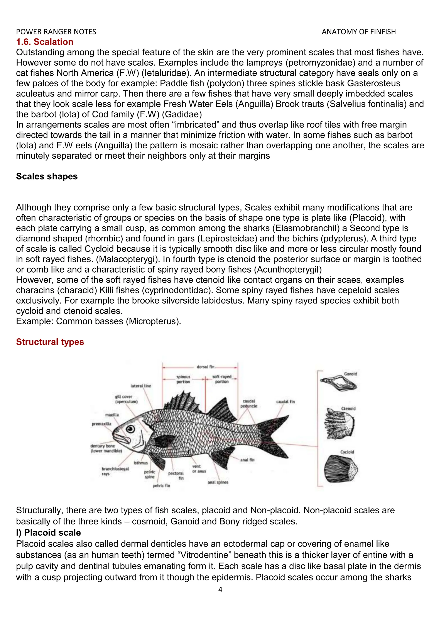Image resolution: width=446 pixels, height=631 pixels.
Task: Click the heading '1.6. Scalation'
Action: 44,42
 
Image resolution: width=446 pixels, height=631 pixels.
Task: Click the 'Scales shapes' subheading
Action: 47,176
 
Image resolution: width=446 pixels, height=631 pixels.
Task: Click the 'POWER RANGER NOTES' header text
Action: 56,32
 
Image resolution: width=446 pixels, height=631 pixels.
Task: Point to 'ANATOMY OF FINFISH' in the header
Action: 359,32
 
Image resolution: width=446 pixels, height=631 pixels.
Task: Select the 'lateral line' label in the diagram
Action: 141,386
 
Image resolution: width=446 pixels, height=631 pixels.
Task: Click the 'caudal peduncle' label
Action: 249,404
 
